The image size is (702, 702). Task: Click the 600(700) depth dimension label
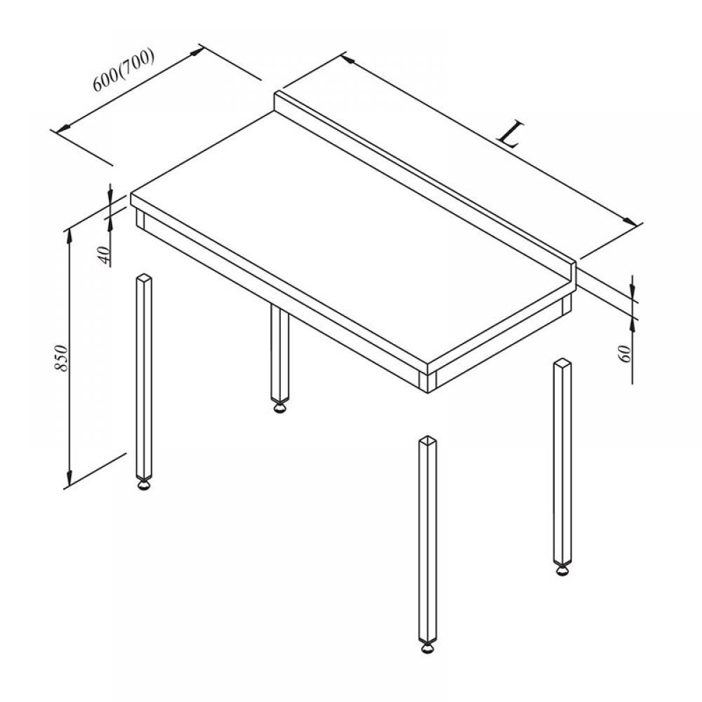[x=124, y=69]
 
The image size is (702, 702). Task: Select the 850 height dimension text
[x=61, y=358]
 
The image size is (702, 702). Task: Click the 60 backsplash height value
[x=625, y=354]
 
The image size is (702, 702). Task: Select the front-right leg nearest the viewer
[x=428, y=543]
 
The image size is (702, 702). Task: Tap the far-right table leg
[x=562, y=466]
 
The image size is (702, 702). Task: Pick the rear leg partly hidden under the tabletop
[x=280, y=358]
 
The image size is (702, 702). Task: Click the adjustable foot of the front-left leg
[x=144, y=485]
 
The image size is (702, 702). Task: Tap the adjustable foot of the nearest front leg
[x=428, y=648]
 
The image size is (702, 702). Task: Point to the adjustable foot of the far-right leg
[x=562, y=570]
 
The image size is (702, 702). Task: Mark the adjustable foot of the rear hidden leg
[x=280, y=407]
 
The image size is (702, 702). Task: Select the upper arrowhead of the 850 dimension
[x=69, y=238]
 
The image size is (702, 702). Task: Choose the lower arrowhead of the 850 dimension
[x=69, y=477]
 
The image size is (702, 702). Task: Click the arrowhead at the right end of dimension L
[x=630, y=222]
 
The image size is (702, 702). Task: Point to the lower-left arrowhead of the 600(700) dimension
[x=64, y=128]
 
